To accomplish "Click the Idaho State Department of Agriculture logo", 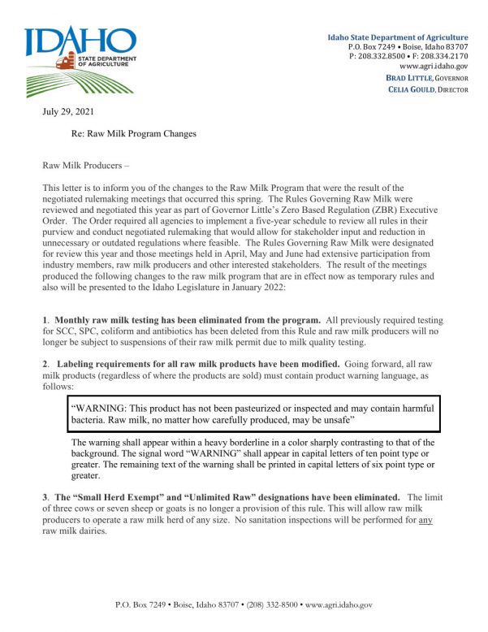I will (x=80, y=61).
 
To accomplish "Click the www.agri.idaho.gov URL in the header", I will (x=434, y=65).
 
